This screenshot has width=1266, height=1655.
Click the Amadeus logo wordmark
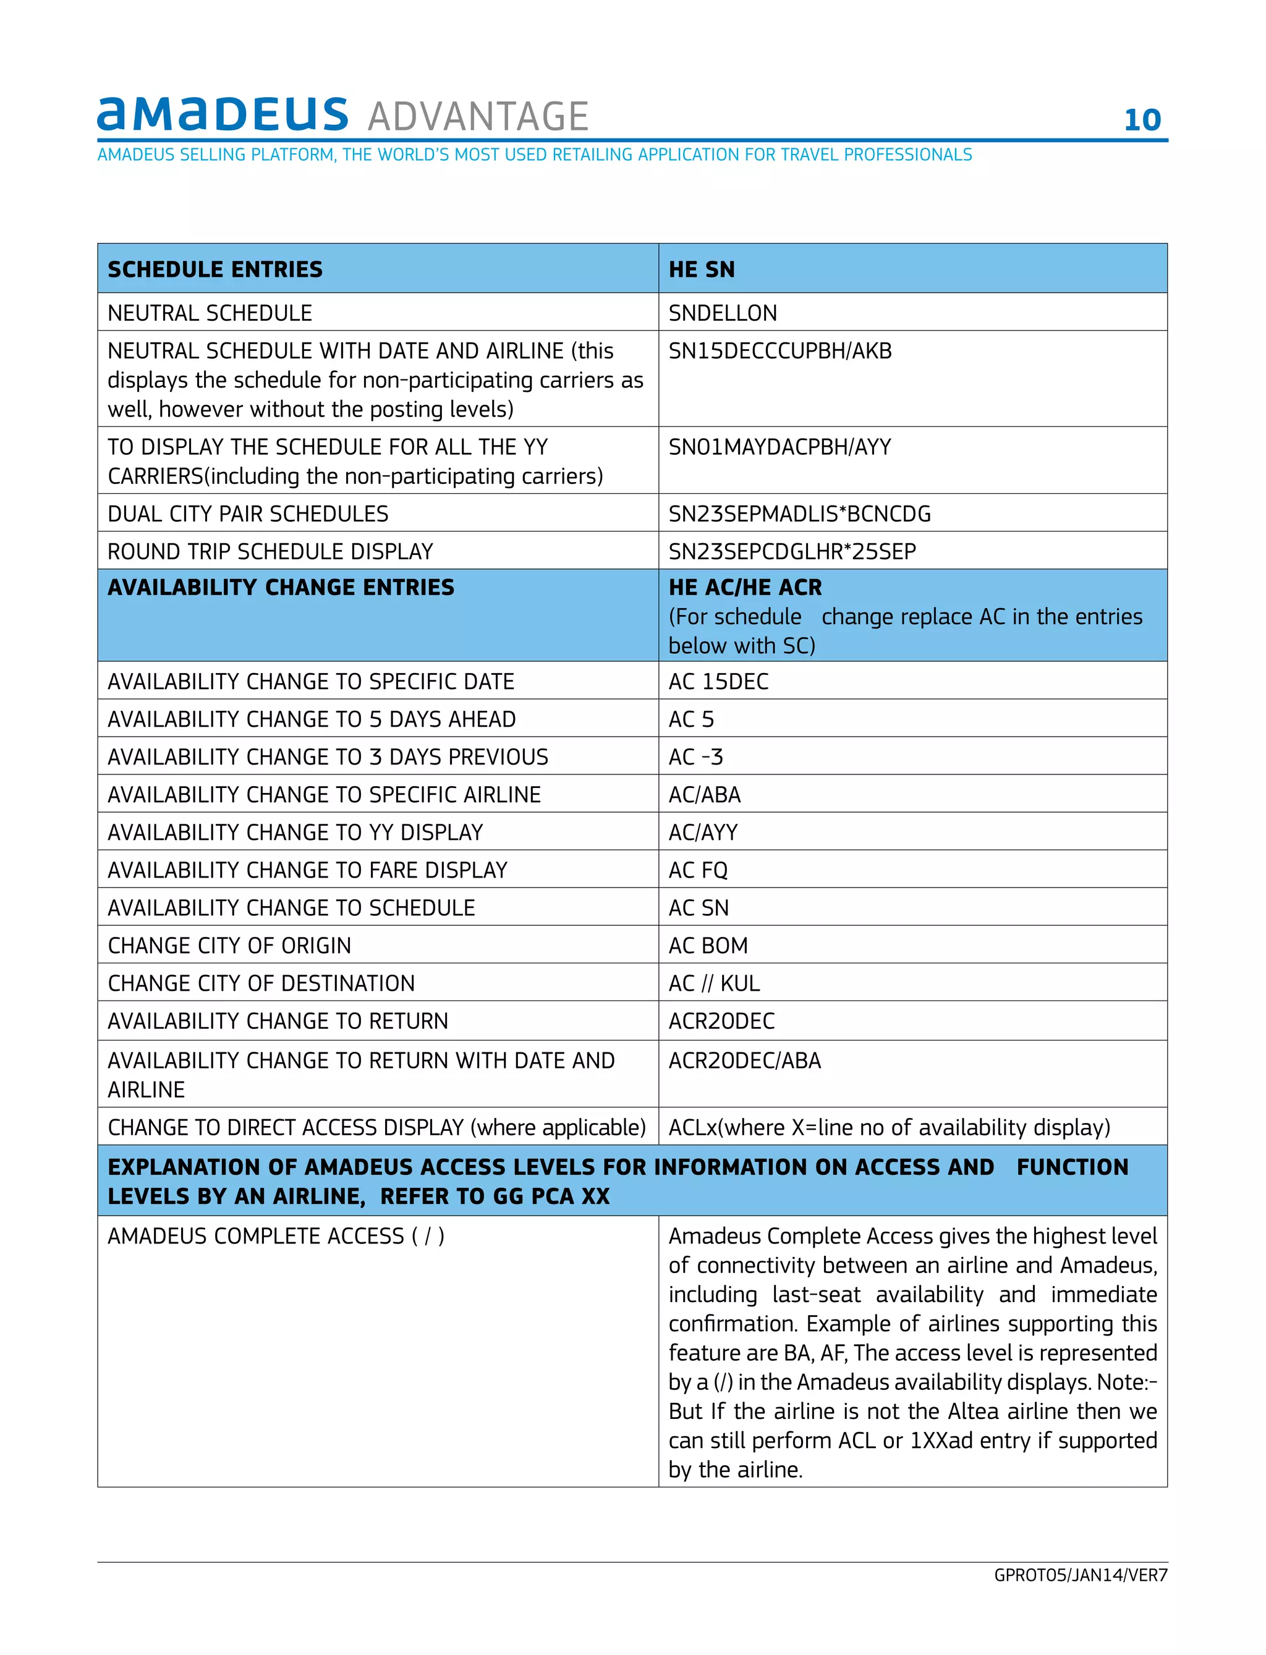tap(223, 114)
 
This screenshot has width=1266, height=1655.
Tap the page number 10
tap(1142, 121)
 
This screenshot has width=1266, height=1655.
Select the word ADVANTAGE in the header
tap(478, 117)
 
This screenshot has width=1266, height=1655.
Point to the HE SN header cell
tap(702, 269)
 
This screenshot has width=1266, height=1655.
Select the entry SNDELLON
tap(722, 313)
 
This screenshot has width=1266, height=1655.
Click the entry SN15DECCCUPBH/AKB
tap(780, 351)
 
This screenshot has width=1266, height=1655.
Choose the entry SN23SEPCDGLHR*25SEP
tap(792, 551)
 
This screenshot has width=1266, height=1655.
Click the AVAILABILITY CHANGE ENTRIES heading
tap(281, 588)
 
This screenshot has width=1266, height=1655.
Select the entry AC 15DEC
tap(718, 682)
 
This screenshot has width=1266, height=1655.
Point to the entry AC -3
tap(695, 757)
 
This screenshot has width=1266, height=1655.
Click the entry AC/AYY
tap(703, 832)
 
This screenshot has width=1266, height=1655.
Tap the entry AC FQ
tap(698, 870)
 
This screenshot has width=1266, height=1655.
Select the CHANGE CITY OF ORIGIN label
tap(229, 946)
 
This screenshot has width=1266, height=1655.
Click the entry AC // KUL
tap(713, 983)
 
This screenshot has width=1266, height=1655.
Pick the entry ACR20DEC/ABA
tap(744, 1060)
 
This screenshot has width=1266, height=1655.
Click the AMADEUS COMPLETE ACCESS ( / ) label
tap(276, 1236)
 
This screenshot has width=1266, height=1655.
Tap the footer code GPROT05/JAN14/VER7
tap(1080, 1575)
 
